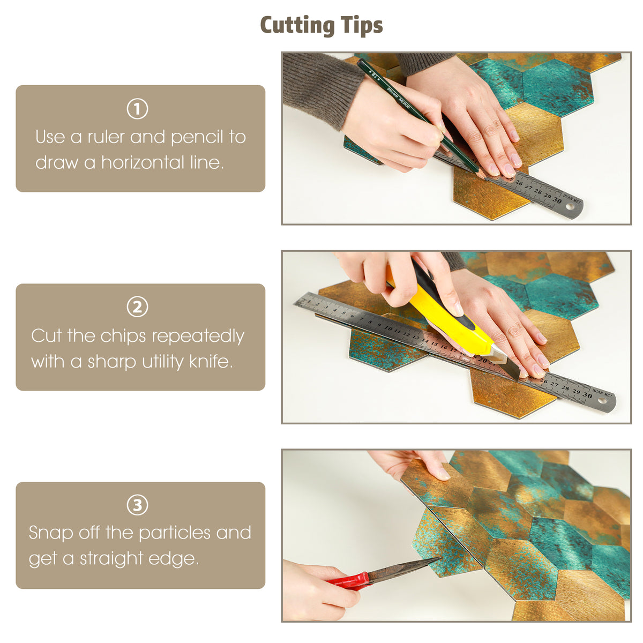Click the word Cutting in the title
(297, 26)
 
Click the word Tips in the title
(362, 26)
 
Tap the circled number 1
(138, 109)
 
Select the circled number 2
(138, 307)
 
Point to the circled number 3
(138, 505)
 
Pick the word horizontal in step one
(143, 162)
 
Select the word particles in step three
(175, 533)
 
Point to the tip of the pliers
(442, 557)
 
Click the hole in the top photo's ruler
(570, 206)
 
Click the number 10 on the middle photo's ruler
(388, 328)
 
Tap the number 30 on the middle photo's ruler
(587, 394)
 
